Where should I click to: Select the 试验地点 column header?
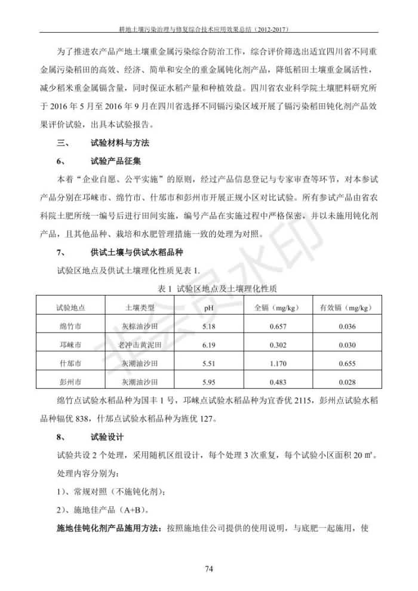[x=70, y=308]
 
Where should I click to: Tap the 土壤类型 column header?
[x=140, y=308]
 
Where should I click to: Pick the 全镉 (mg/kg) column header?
[x=276, y=308]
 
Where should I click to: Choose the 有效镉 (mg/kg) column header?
[x=346, y=308]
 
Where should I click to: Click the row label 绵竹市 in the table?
[x=70, y=327]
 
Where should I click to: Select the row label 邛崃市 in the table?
[x=70, y=345]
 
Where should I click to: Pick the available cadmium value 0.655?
[x=346, y=363]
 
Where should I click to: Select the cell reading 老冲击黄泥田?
[x=140, y=345]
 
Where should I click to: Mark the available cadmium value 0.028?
[x=346, y=381]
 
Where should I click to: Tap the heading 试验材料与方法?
[x=119, y=143]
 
